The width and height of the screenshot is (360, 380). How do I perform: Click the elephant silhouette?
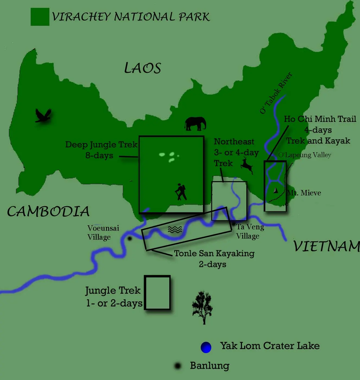[195, 124]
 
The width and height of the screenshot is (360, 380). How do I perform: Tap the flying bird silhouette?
[43, 115]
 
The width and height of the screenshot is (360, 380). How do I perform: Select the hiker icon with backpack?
[181, 192]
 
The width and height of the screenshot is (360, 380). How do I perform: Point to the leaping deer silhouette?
[247, 165]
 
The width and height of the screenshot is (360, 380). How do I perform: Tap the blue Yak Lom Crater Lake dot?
[206, 347]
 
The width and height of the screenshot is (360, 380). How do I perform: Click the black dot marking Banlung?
[178, 366]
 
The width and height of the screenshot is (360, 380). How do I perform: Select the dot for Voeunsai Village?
[130, 239]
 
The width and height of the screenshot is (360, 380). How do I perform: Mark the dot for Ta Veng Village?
[234, 224]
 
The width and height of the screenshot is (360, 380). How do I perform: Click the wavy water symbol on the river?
[175, 230]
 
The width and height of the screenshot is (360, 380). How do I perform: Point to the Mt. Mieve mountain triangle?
[276, 190]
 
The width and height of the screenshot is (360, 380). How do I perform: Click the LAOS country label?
[143, 68]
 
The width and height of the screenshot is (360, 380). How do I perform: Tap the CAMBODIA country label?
[48, 211]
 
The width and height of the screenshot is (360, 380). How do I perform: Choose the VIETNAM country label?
[327, 246]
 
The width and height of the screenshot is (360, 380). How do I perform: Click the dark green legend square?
[40, 17]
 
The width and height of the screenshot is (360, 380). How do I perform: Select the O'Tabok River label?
[276, 93]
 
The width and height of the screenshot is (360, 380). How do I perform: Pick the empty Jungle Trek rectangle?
[157, 293]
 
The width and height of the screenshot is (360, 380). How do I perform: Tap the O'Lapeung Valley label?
[305, 155]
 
